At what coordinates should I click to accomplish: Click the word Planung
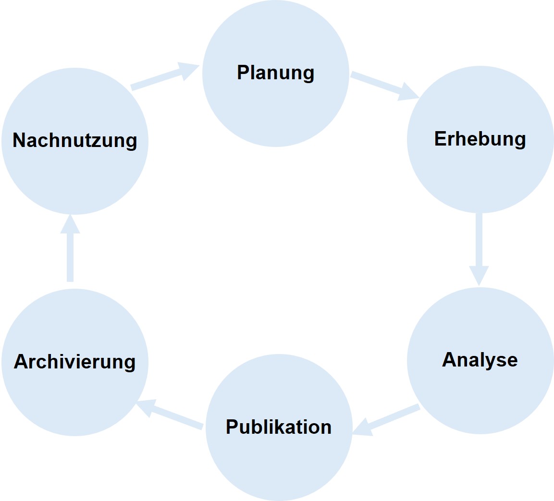pyautogui.click(x=275, y=73)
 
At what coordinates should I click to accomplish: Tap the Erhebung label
pyautogui.click(x=480, y=139)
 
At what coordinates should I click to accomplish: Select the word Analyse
pyautogui.click(x=480, y=360)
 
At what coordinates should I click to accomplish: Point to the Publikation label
pyautogui.click(x=279, y=427)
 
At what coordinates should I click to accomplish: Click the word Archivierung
pyautogui.click(x=74, y=362)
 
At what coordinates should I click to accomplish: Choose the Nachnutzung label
pyautogui.click(x=74, y=141)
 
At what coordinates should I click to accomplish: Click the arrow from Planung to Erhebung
pyautogui.click(x=382, y=86)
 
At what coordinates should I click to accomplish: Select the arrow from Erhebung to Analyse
pyautogui.click(x=479, y=247)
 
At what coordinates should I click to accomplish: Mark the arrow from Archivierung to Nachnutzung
pyautogui.click(x=70, y=250)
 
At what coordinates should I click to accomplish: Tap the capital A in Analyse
pyautogui.click(x=449, y=360)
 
